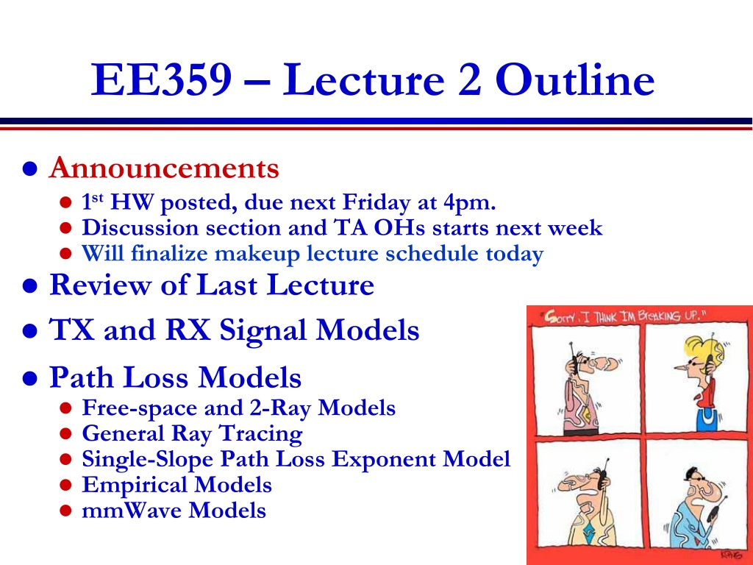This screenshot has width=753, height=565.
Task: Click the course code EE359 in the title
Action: click(x=161, y=79)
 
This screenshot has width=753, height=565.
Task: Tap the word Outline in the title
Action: click(x=575, y=79)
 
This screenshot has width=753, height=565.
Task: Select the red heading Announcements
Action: click(x=164, y=168)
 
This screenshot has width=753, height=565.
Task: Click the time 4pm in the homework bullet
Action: click(x=469, y=203)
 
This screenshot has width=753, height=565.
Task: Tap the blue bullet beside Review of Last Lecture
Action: click(x=29, y=286)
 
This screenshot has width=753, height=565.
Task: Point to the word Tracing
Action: click(x=261, y=434)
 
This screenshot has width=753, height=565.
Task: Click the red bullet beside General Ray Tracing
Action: click(x=65, y=434)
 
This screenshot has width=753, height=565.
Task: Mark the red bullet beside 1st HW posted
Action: click(x=65, y=202)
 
